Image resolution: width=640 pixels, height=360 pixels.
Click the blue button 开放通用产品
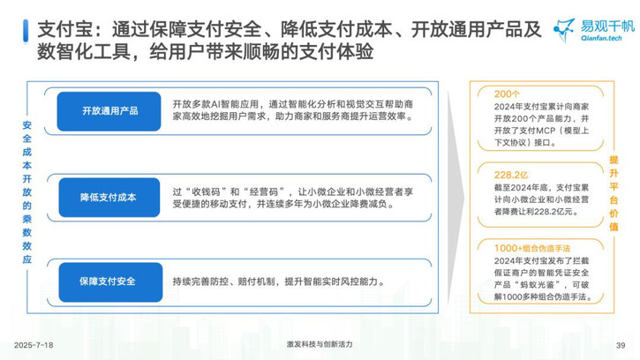(109, 111)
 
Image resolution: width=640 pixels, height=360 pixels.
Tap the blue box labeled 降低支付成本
(109, 197)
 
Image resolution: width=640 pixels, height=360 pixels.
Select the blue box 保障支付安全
(110, 282)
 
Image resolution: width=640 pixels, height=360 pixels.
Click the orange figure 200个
(507, 94)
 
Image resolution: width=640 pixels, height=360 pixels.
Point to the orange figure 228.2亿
(511, 175)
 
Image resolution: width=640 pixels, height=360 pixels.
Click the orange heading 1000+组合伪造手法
(532, 248)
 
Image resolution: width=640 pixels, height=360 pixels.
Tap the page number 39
(621, 345)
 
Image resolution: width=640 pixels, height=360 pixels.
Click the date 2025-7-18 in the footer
(34, 345)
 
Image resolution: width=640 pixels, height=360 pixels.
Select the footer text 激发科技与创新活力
(320, 344)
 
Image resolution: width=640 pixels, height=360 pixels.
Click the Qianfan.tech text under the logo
(601, 38)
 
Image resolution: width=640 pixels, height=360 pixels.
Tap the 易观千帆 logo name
(607, 26)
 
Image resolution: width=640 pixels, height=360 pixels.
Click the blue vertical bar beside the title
(26, 31)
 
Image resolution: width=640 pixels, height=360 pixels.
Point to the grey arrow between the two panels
(456, 198)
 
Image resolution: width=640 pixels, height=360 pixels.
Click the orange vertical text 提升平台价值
(614, 193)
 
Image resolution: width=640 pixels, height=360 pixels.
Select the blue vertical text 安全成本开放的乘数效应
(27, 192)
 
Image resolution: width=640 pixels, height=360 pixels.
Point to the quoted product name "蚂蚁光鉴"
(537, 284)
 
